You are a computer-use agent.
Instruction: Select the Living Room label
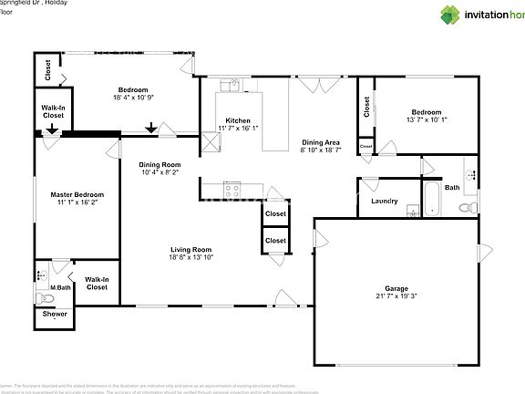[x=190, y=249]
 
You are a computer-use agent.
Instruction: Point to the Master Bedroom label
[x=77, y=194]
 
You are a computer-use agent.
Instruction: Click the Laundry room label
[x=384, y=201]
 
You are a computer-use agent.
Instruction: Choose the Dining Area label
[x=321, y=142]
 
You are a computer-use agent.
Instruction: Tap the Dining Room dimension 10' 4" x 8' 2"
[x=160, y=172]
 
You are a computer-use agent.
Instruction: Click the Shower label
[x=55, y=315]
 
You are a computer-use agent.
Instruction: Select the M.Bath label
[x=61, y=288]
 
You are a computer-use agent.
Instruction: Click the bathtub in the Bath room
[x=431, y=199]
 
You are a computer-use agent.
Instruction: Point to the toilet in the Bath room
[x=467, y=208]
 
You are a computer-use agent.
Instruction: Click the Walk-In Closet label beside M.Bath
[x=97, y=284]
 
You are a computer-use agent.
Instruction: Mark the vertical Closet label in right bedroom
[x=366, y=109]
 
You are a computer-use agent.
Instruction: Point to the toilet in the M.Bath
[x=42, y=296]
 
